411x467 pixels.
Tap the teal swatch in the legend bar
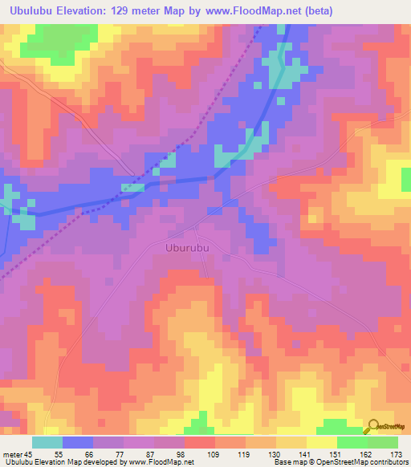pos(47,442)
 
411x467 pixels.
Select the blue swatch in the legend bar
pos(78,442)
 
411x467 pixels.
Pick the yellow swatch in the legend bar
pos(321,442)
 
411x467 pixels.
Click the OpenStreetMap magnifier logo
pos(372,426)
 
